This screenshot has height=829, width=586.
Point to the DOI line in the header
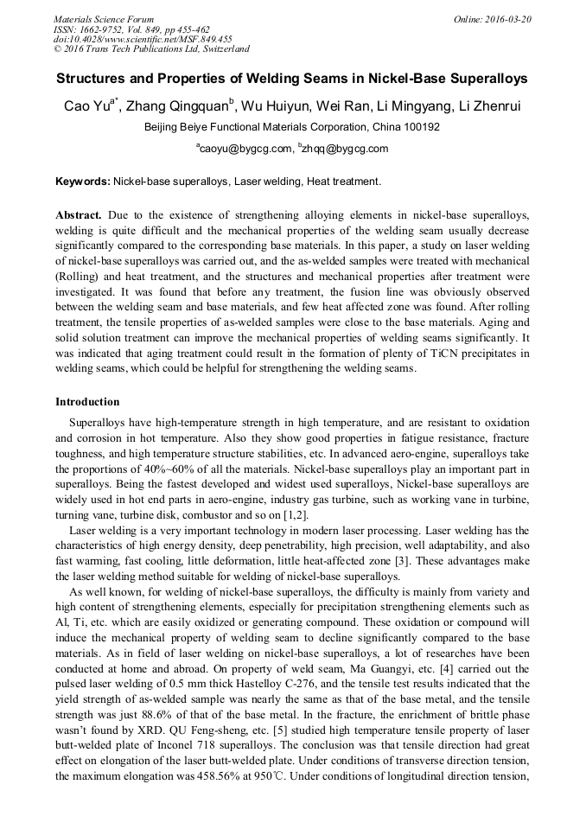(143, 39)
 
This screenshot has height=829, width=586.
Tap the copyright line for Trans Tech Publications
(151, 49)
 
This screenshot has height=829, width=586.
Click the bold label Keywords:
(82, 182)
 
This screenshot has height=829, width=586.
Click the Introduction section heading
(87, 402)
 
